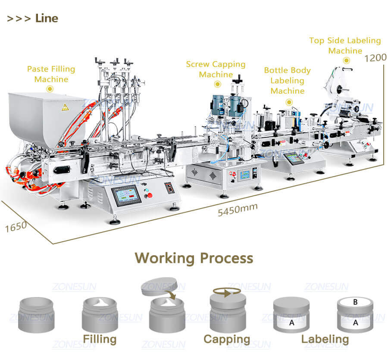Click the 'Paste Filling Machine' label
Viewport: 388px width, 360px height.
tap(51, 74)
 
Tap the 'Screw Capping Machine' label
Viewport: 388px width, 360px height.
tap(216, 69)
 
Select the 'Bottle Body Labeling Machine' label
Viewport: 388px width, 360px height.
tap(287, 80)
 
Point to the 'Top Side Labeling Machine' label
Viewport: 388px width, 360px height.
tap(345, 45)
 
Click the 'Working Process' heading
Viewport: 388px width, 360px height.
tap(194, 258)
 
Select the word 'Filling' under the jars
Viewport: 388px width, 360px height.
tap(100, 339)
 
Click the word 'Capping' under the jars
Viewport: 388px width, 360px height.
tap(227, 339)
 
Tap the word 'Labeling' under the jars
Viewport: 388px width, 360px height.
tap(325, 339)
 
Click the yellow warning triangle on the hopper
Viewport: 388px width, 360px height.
tap(65, 107)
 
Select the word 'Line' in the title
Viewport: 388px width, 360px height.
tap(47, 18)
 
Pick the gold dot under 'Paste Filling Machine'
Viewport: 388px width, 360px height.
tap(50, 88)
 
